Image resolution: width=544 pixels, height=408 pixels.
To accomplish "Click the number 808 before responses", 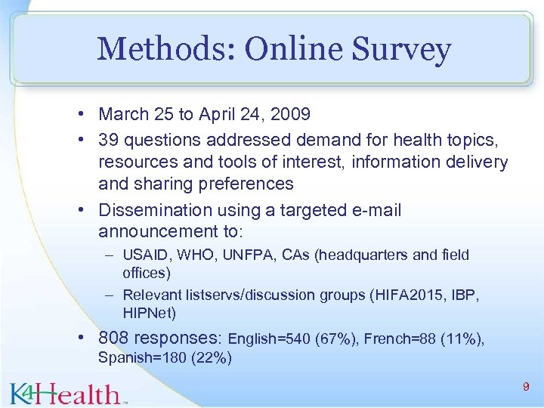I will coord(114,338).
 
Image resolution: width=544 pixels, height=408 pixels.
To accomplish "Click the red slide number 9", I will coord(525,387).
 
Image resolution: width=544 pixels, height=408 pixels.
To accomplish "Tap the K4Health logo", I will coord(68,392).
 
